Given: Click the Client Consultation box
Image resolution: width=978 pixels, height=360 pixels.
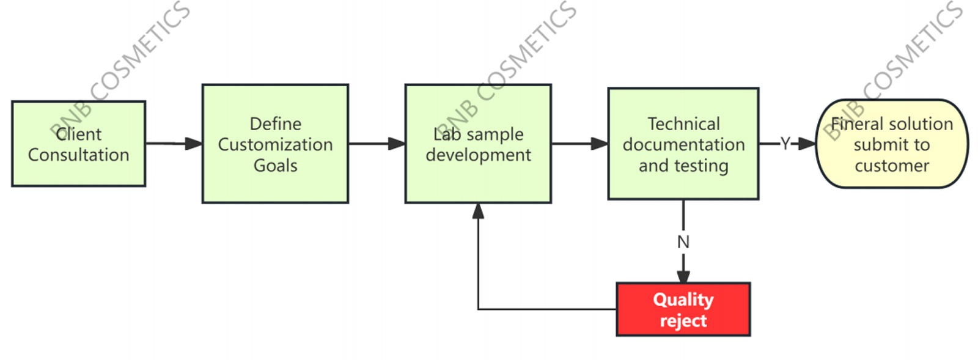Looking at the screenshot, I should (78, 144).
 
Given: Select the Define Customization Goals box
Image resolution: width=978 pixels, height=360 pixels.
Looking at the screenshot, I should (275, 144).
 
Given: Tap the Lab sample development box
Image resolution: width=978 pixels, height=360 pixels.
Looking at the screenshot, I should (478, 144).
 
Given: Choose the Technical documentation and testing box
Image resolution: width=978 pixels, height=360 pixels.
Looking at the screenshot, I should (683, 144).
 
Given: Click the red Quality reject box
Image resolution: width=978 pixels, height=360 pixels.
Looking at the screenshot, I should (683, 309).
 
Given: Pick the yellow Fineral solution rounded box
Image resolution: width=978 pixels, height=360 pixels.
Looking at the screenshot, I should (892, 144).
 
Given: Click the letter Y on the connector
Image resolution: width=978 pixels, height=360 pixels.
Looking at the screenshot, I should (785, 144).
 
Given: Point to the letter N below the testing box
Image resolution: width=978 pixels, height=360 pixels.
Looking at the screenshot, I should (683, 242).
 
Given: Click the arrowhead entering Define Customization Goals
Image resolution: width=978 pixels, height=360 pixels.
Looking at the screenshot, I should (194, 144).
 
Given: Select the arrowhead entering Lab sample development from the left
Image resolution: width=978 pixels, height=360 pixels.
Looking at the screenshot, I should (397, 144).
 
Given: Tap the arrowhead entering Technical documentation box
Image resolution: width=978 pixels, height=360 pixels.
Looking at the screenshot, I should (600, 144).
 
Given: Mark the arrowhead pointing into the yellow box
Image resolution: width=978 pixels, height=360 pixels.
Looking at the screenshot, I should (807, 144).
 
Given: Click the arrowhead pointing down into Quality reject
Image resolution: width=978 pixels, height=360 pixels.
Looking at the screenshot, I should (683, 276).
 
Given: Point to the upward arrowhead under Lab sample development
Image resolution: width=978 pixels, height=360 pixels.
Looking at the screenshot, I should (478, 211).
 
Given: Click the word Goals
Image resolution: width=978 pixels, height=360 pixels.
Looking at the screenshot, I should (275, 166).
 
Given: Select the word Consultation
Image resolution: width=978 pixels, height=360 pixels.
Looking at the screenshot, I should (78, 155).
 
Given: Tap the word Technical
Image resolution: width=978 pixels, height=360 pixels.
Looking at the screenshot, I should (683, 124).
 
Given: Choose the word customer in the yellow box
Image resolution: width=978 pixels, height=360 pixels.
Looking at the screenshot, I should (892, 166).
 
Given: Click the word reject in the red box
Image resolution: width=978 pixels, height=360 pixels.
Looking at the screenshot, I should (683, 321).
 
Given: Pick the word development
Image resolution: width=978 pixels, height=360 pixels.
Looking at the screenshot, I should (478, 155).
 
